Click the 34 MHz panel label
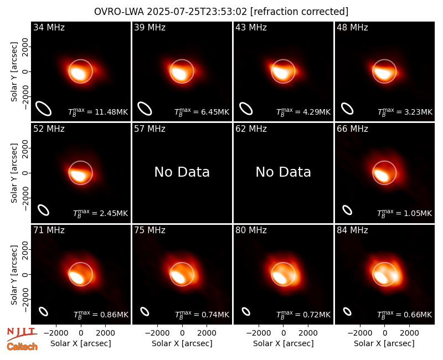[49, 27]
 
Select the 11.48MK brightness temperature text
[98, 112]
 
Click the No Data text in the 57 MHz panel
[182, 172]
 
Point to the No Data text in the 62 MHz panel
[284, 172]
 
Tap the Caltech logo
[22, 347]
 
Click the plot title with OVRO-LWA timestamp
[221, 12]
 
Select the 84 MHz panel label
[352, 230]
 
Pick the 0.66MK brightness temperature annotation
[404, 315]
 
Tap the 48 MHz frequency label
[352, 27]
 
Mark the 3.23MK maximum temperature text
[405, 112]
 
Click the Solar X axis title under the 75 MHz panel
[182, 343]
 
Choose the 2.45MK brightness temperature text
[101, 213]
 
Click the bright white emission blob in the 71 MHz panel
[76, 277]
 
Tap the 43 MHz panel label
[251, 27]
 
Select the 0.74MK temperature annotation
[202, 315]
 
